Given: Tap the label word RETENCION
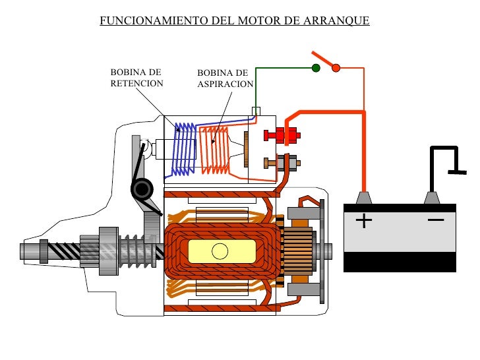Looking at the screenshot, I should click(136, 84).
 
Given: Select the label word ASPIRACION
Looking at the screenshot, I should click(225, 84).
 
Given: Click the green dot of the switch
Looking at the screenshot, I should click(316, 68).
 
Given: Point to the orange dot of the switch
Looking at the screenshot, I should click(336, 68).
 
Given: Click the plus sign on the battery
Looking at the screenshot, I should click(363, 220).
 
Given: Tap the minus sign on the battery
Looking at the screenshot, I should click(435, 219).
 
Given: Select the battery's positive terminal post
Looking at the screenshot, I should click(363, 198).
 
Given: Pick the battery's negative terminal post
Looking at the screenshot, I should click(432, 198).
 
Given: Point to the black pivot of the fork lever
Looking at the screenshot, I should click(141, 190).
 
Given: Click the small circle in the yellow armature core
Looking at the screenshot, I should click(220, 251).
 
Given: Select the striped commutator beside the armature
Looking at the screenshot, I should click(299, 251).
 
